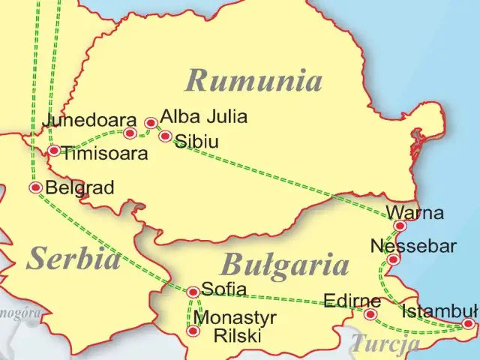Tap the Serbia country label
[73, 258]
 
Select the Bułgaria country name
[285, 265]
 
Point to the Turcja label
[385, 344]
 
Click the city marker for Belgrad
[35, 187]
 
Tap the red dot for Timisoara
[54, 151]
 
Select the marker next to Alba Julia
[151, 122]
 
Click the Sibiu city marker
[166, 136]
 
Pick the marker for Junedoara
[130, 133]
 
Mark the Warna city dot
[400, 226]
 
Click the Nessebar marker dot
[392, 259]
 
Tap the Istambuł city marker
[468, 324]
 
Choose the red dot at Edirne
[370, 313]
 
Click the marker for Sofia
[193, 292]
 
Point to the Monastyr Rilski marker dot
[193, 331]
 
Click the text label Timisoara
[104, 153]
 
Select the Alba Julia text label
[203, 117]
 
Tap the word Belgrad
[80, 187]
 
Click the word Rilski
[238, 337]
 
